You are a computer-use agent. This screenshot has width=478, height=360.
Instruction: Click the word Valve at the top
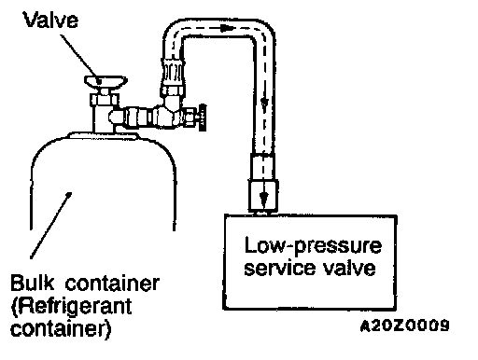[x=50, y=20]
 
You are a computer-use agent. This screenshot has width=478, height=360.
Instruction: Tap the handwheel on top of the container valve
[x=105, y=81]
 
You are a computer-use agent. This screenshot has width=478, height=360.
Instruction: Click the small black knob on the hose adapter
[x=202, y=118]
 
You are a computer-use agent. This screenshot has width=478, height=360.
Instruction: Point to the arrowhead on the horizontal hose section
[x=227, y=28]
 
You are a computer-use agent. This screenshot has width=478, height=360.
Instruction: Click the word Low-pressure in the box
[x=313, y=246]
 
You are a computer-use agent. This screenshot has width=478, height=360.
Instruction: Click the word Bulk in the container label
[x=32, y=283]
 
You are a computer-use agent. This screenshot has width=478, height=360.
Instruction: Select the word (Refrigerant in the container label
[x=71, y=306]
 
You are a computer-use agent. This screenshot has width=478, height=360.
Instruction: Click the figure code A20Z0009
[x=404, y=325]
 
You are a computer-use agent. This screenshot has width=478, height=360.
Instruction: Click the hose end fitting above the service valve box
[x=263, y=183]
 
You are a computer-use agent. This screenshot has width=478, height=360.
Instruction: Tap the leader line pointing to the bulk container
[x=50, y=226]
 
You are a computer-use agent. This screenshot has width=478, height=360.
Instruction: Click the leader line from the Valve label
[x=80, y=58]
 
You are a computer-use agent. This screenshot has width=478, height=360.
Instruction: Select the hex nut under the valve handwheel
[x=105, y=100]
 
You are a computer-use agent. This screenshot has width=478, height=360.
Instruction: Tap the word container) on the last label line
[x=61, y=329]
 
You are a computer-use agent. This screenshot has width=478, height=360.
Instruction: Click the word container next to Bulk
[x=112, y=283]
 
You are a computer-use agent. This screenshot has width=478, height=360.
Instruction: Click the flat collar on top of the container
[x=104, y=135]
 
